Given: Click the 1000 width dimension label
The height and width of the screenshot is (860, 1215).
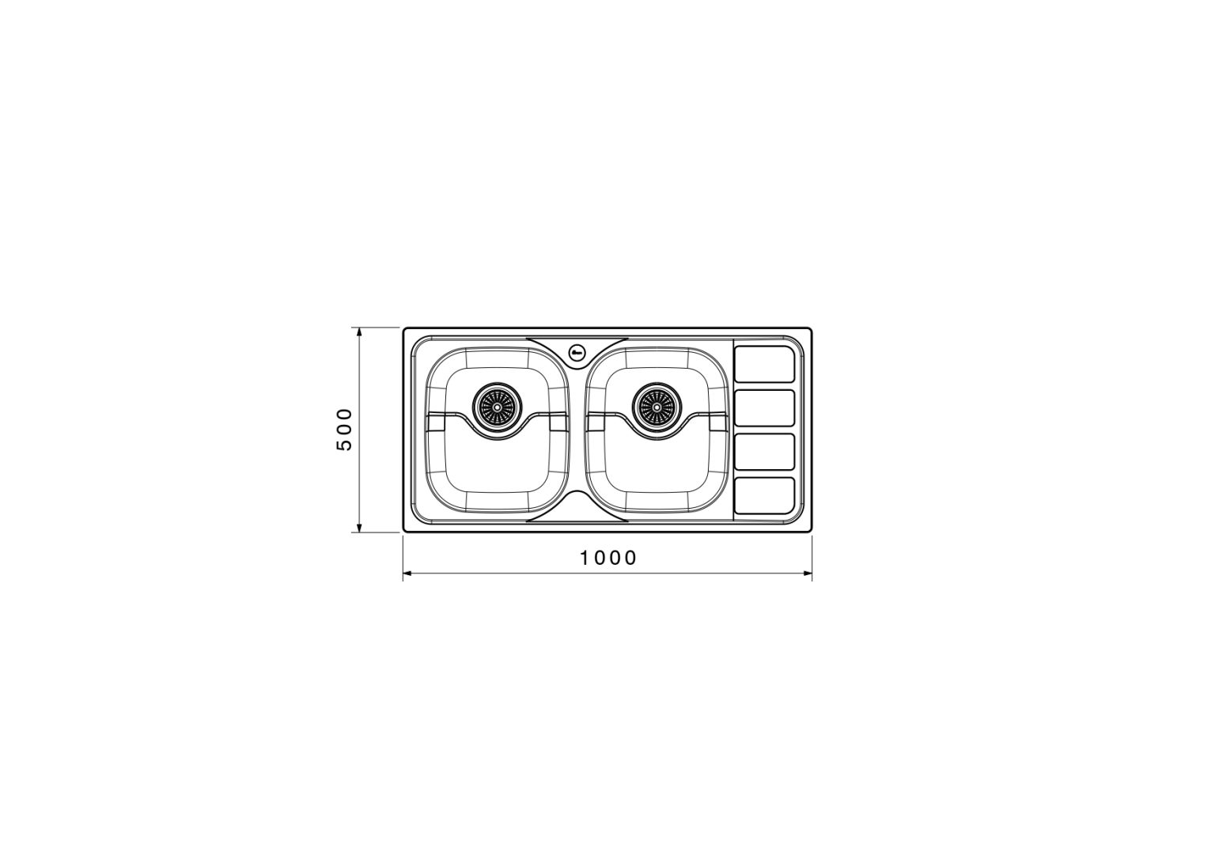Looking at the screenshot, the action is [x=608, y=558].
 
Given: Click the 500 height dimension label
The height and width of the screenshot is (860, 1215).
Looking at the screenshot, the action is [x=344, y=429].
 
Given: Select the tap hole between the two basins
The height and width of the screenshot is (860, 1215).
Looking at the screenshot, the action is [x=577, y=353].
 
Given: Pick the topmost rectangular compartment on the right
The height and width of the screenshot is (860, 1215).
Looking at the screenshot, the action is [x=764, y=363].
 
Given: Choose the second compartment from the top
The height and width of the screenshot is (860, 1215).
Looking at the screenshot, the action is [x=764, y=407].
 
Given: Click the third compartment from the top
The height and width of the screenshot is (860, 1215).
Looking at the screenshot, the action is [x=764, y=452].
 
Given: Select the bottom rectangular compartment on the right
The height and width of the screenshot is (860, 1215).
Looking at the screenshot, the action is [x=764, y=495].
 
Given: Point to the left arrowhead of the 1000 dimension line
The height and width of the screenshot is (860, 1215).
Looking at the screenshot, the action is [x=407, y=573].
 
